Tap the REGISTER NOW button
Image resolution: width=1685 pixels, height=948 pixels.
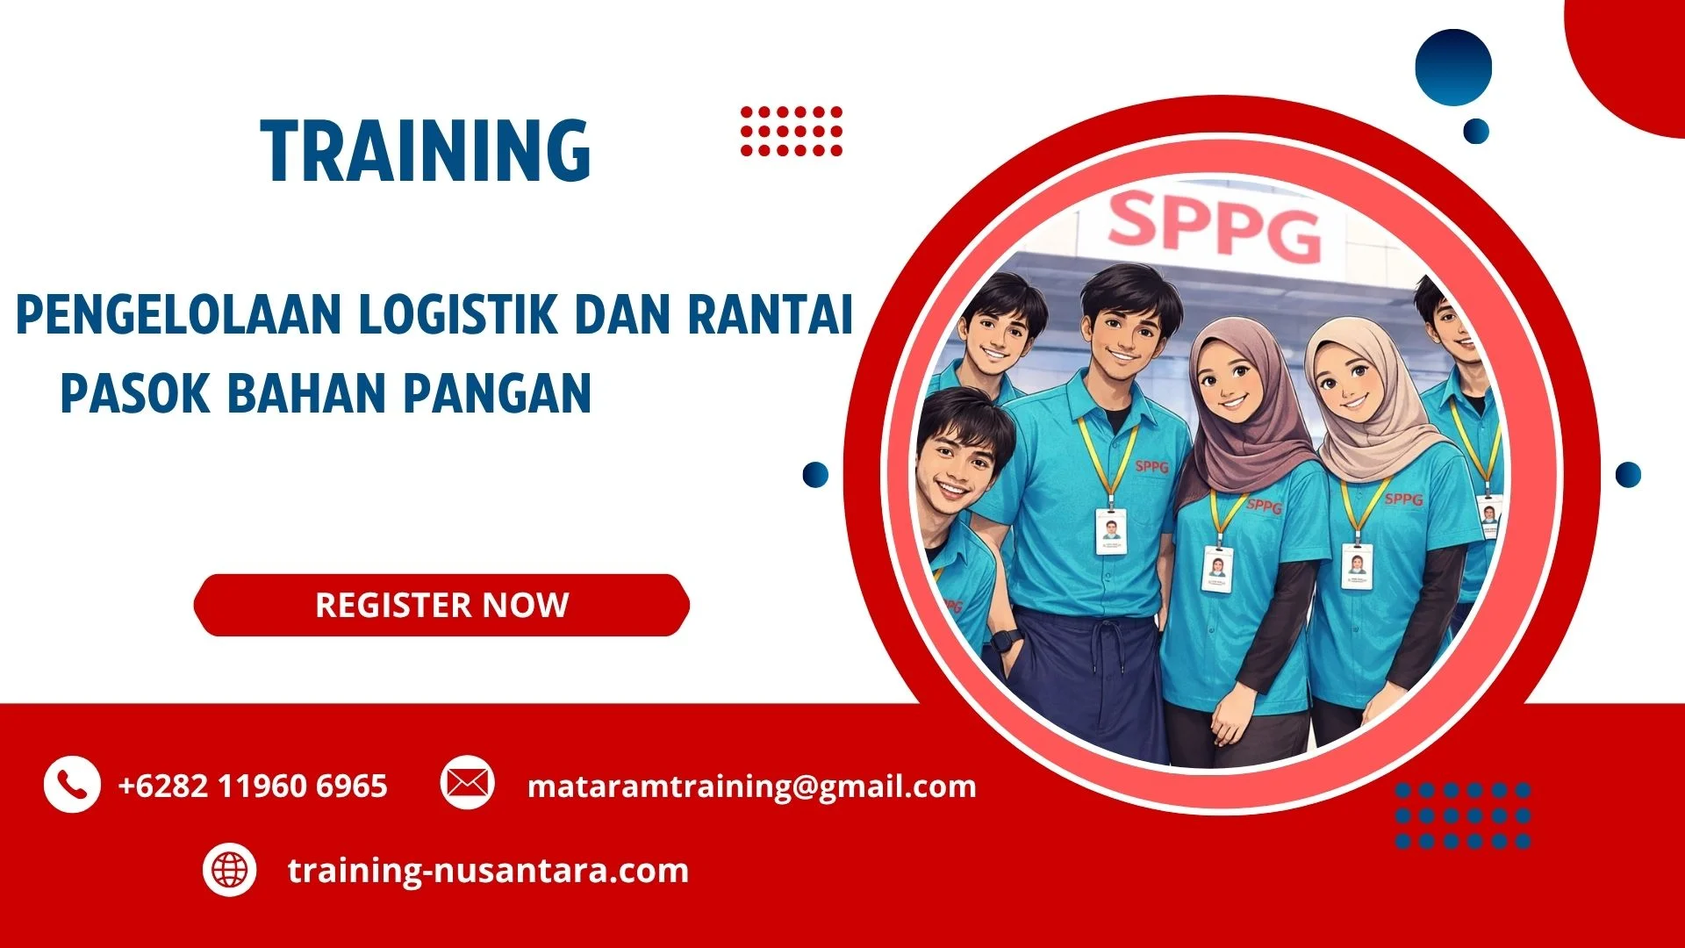[441, 605]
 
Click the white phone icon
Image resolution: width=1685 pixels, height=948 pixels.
[72, 784]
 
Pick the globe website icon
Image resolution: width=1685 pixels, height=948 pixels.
[230, 870]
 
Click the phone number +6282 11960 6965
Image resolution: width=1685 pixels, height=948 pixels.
[253, 786]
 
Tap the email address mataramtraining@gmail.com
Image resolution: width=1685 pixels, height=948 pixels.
[751, 786]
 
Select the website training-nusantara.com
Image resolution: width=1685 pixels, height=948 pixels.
[488, 871]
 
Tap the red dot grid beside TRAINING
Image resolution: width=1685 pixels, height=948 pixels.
[791, 131]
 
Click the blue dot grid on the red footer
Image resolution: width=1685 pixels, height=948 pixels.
[1462, 815]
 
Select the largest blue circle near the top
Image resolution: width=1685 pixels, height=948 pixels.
[1453, 68]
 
